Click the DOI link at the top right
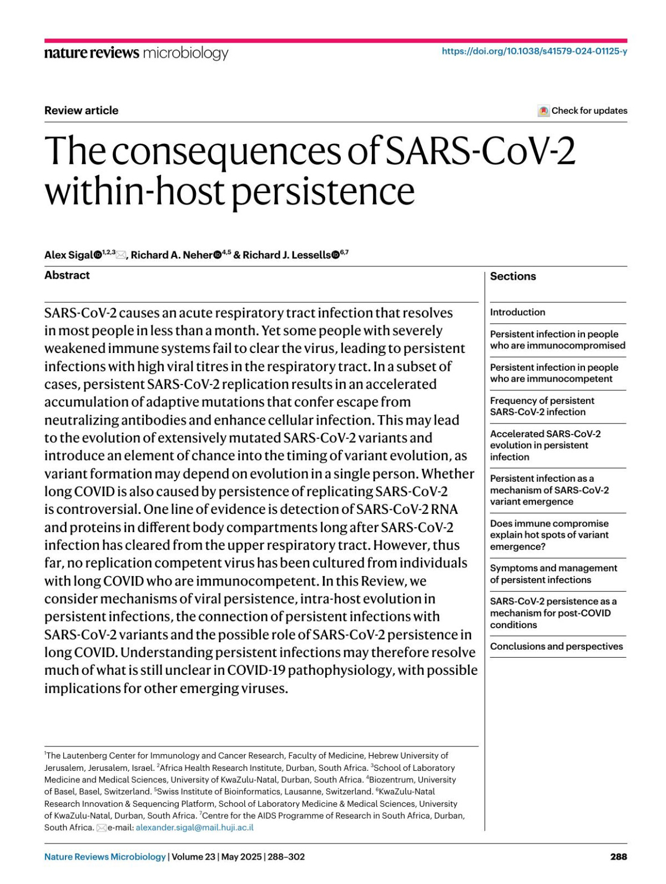pyautogui.click(x=534, y=52)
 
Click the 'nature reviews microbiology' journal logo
pyautogui.click(x=136, y=53)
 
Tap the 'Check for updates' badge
pyautogui.click(x=583, y=110)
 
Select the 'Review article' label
pyautogui.click(x=81, y=110)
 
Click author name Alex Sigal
pyautogui.click(x=69, y=255)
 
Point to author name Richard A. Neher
pyautogui.click(x=171, y=255)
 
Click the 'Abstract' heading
pyautogui.click(x=67, y=275)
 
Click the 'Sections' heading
pyautogui.click(x=513, y=276)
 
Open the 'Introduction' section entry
pyautogui.click(x=517, y=312)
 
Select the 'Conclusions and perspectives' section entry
pyautogui.click(x=556, y=646)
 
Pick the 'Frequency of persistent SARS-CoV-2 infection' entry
pyautogui.click(x=542, y=406)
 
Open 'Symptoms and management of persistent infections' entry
pyautogui.click(x=553, y=574)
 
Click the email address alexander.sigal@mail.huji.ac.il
pyautogui.click(x=194, y=827)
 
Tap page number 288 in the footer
pyautogui.click(x=618, y=857)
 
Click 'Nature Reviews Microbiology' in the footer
pyautogui.click(x=105, y=857)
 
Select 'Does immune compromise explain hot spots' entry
pyautogui.click(x=549, y=535)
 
